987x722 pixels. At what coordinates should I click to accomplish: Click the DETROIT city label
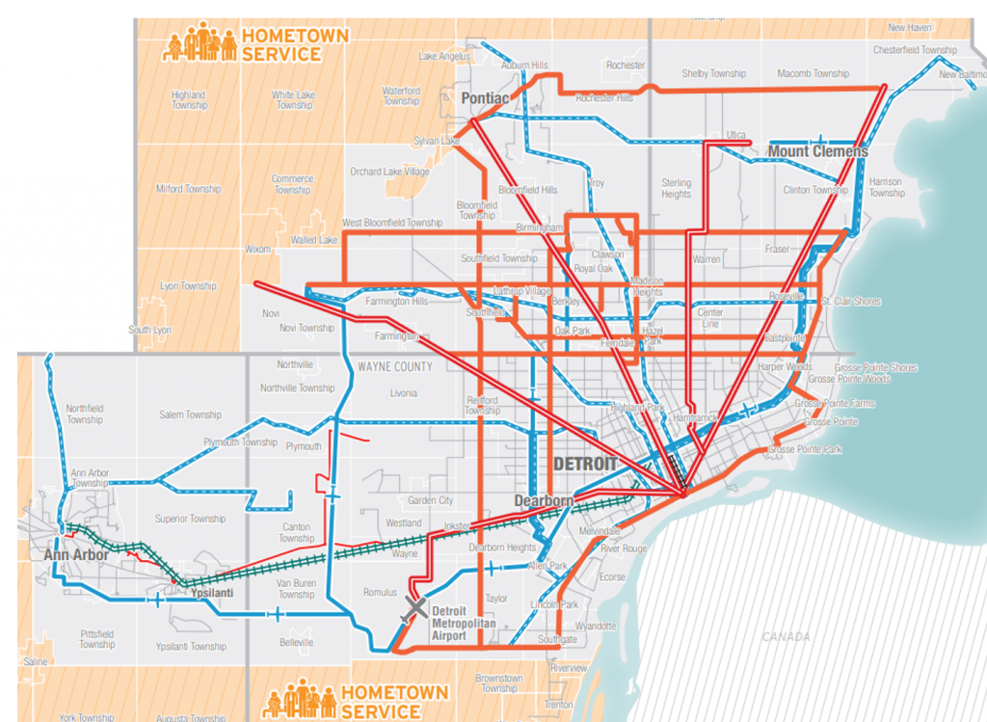(x=585, y=464)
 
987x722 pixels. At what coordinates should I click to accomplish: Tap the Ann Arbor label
(x=75, y=555)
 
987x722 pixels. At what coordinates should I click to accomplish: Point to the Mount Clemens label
(x=817, y=151)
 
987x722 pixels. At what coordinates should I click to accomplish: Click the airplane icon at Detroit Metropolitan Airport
(x=416, y=607)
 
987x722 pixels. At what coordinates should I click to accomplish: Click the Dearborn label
(x=544, y=501)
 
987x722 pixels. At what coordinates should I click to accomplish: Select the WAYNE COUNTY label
(x=395, y=367)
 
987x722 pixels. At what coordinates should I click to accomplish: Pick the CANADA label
(x=787, y=636)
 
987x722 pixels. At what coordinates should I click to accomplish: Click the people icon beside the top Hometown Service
(x=200, y=44)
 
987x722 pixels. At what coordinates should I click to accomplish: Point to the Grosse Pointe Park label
(x=805, y=450)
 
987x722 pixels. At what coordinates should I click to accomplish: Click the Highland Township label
(x=188, y=100)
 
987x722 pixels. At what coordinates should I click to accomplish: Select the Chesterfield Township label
(x=914, y=50)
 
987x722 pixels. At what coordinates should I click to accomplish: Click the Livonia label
(x=404, y=393)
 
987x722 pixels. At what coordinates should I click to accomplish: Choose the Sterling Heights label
(x=676, y=188)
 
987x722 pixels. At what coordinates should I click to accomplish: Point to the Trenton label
(x=558, y=706)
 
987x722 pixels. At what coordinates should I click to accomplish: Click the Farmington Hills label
(x=395, y=302)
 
